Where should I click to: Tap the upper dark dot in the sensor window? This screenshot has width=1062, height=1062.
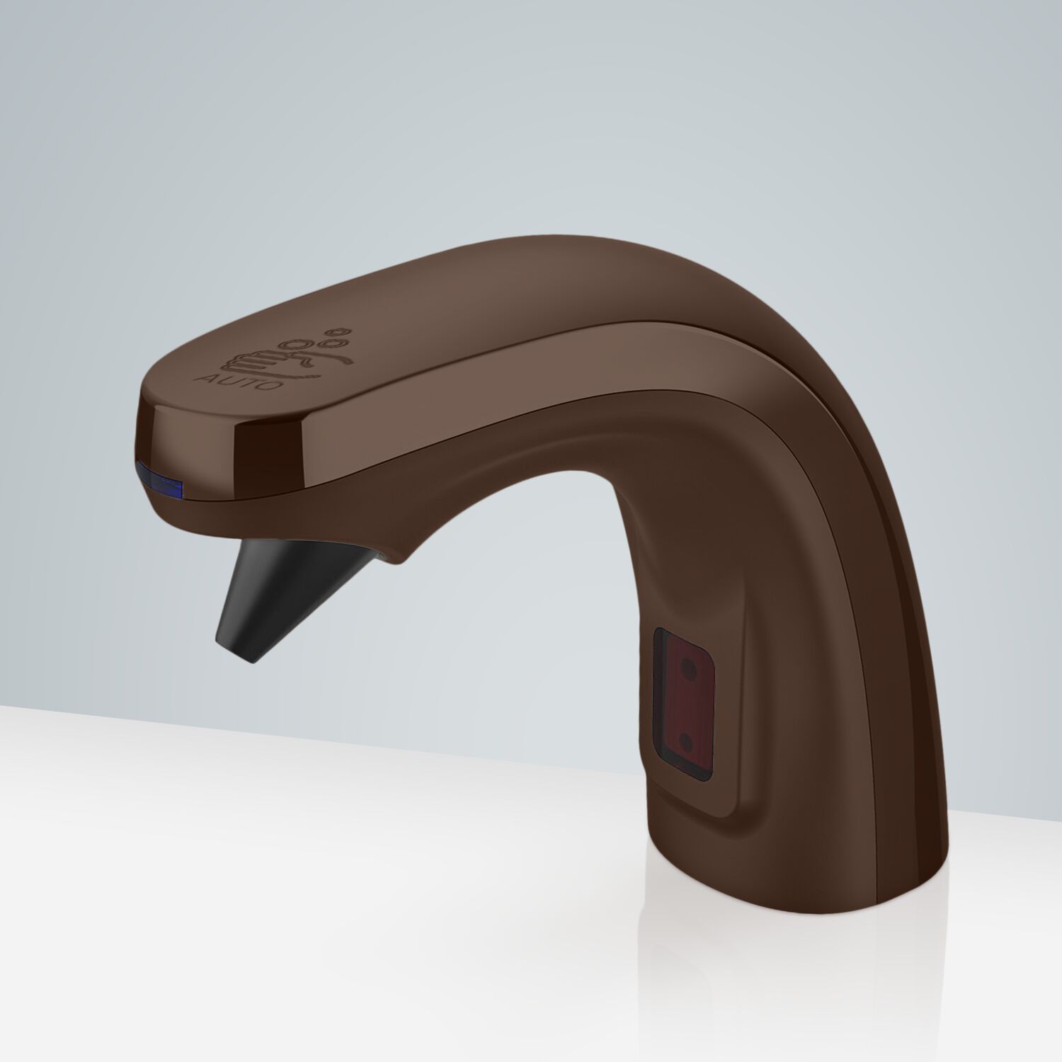pos(685,666)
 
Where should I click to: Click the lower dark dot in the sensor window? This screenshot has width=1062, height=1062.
pos(685,719)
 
